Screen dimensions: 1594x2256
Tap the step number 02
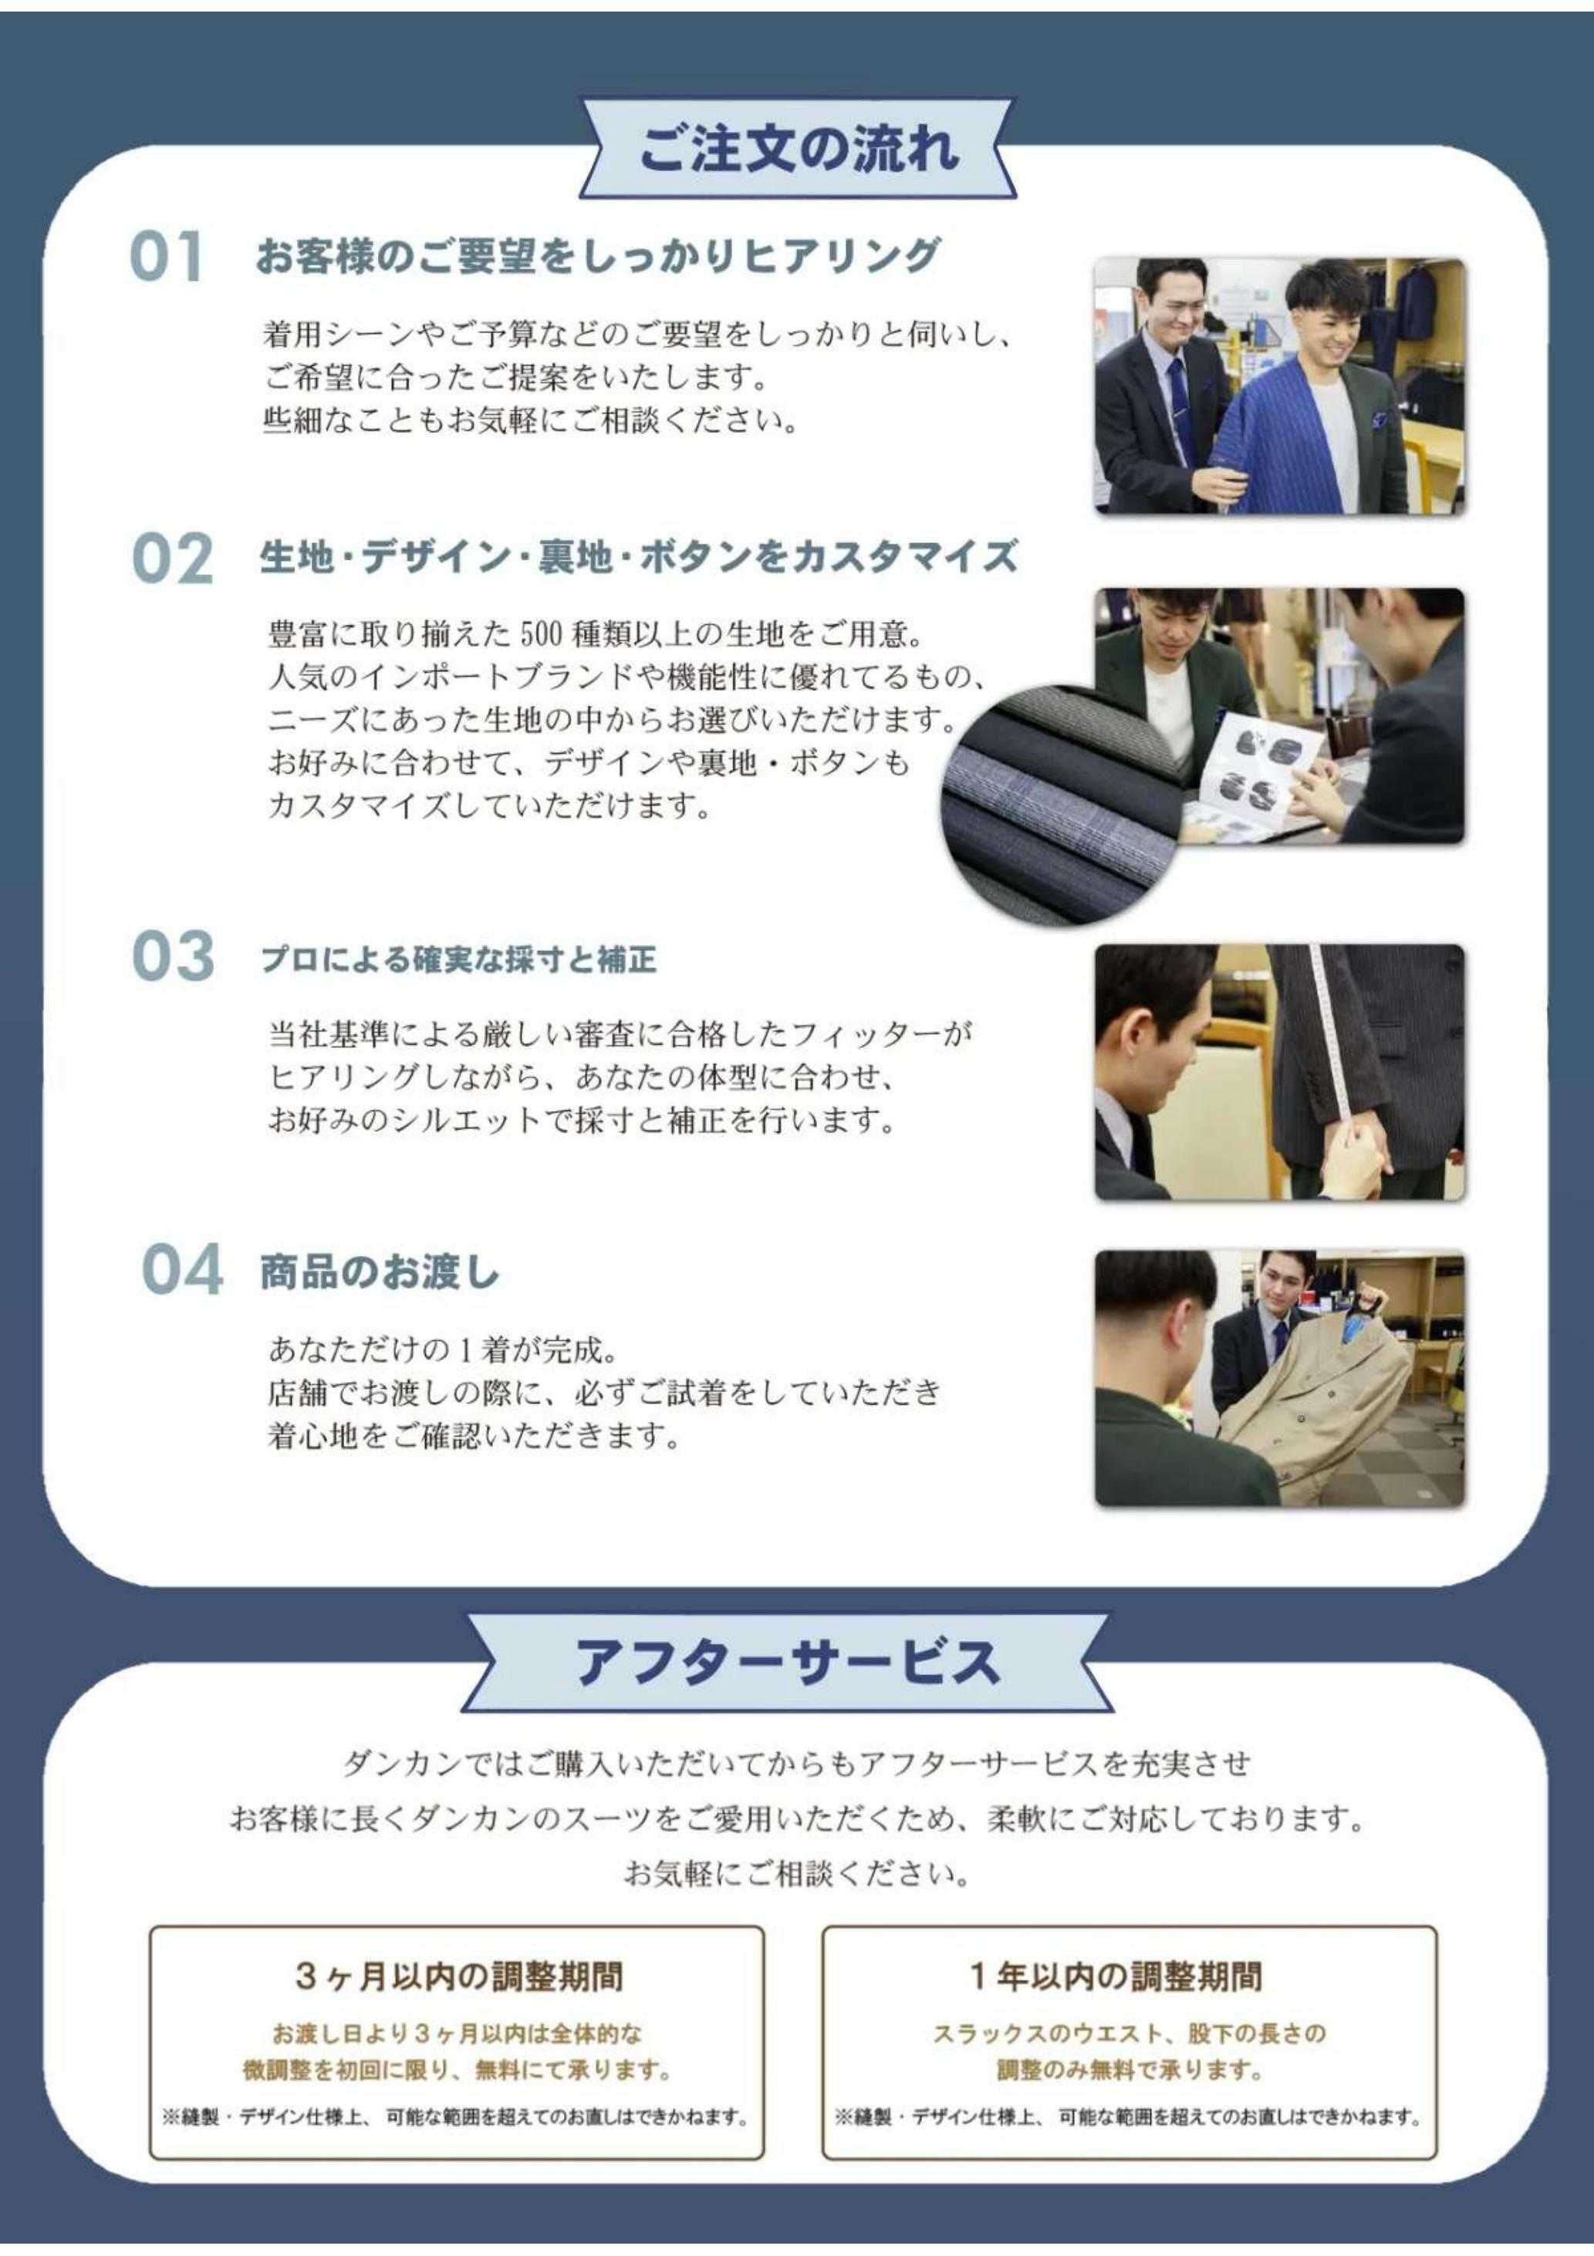172,559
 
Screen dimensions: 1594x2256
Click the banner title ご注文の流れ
797,150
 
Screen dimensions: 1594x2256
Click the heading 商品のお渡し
380,1272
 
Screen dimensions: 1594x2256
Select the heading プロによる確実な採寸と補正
459,959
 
